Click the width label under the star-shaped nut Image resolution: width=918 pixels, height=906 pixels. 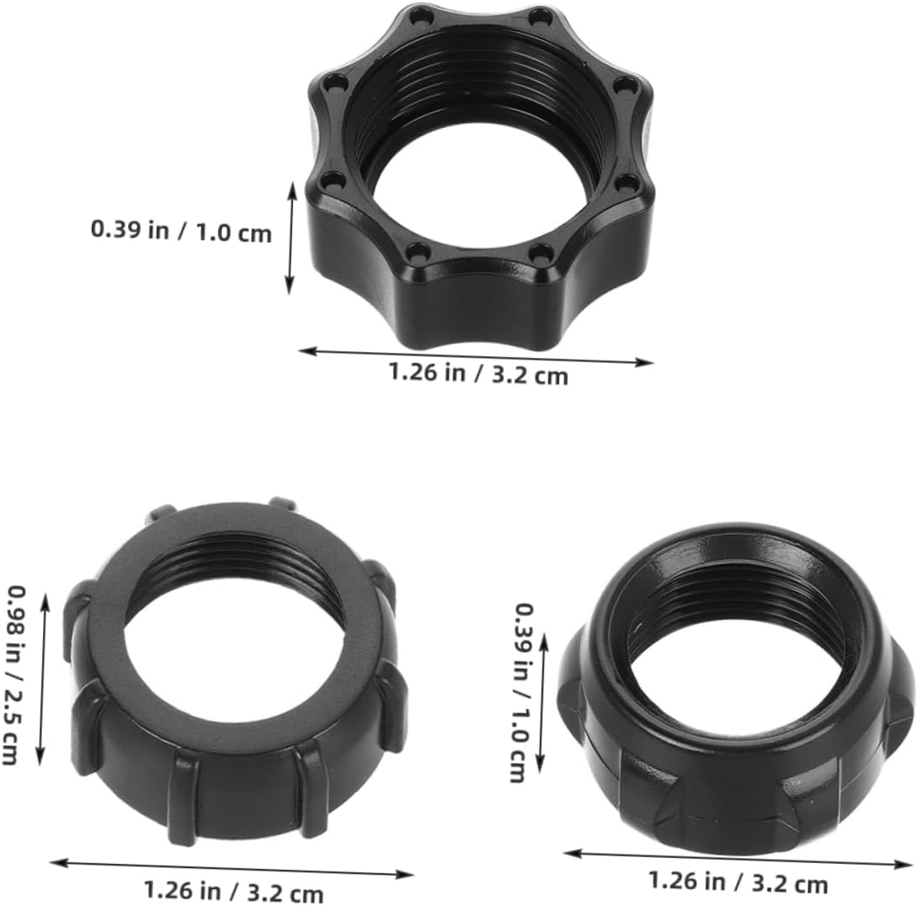pos(478,373)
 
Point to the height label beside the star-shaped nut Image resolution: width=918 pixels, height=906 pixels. pos(181,230)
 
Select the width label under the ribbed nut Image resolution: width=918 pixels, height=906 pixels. pos(233,891)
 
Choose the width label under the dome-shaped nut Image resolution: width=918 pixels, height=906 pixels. pos(737,882)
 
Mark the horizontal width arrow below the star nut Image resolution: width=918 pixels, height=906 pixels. pos(476,356)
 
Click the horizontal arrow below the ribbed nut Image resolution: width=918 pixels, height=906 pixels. pos(232,868)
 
